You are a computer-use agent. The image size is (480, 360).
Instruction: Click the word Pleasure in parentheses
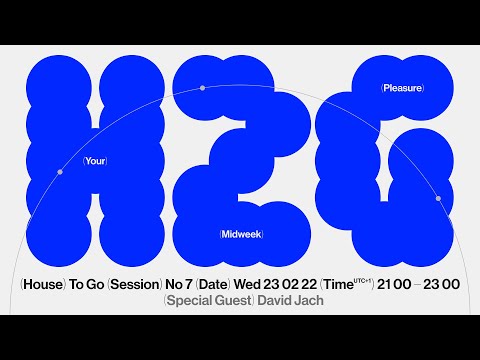click(402, 88)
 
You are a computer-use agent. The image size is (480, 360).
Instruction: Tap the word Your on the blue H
click(95, 160)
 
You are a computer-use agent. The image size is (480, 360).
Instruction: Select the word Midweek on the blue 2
click(248, 234)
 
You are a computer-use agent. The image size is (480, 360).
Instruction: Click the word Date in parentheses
click(220, 285)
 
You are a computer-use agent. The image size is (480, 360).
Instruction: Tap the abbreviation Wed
click(259, 285)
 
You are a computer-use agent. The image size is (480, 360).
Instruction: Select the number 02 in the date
click(309, 285)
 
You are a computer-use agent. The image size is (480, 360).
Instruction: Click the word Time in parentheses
click(351, 285)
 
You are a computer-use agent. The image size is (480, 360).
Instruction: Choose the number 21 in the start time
click(385, 285)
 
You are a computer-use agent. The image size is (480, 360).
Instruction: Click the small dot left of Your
click(60, 172)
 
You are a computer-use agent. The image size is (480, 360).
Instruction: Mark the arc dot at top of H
click(202, 88)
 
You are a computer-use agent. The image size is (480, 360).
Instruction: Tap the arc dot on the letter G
click(439, 198)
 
